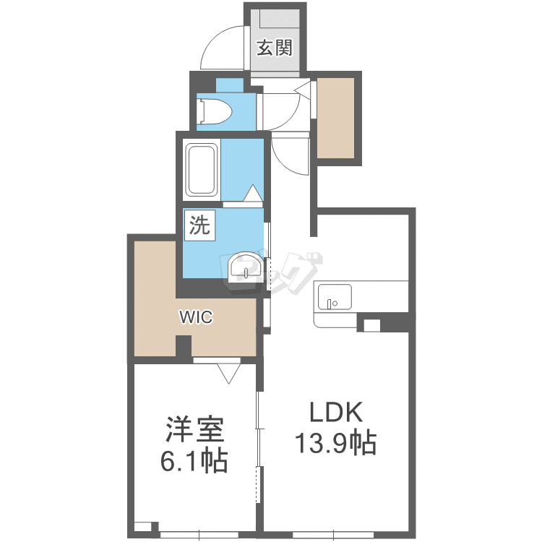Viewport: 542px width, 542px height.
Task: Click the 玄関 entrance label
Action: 275,48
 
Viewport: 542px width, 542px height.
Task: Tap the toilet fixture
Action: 215,111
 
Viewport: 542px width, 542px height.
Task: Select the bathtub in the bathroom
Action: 201,169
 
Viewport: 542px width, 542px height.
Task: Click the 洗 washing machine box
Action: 199,225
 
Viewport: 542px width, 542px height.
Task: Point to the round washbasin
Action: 246,266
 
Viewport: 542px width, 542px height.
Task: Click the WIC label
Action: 196,317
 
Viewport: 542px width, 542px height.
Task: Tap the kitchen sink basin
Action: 335,297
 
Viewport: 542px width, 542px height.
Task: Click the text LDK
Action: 336,412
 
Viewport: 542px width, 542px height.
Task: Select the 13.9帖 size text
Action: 335,442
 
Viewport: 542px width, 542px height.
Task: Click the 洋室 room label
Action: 195,429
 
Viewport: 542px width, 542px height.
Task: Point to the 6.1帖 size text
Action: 194,460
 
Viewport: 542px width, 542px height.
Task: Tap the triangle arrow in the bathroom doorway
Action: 253,192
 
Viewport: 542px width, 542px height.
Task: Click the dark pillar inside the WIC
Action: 184,345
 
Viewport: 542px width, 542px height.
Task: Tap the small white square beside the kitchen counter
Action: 371,326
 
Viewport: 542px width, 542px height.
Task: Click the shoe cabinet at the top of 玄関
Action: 279,18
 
